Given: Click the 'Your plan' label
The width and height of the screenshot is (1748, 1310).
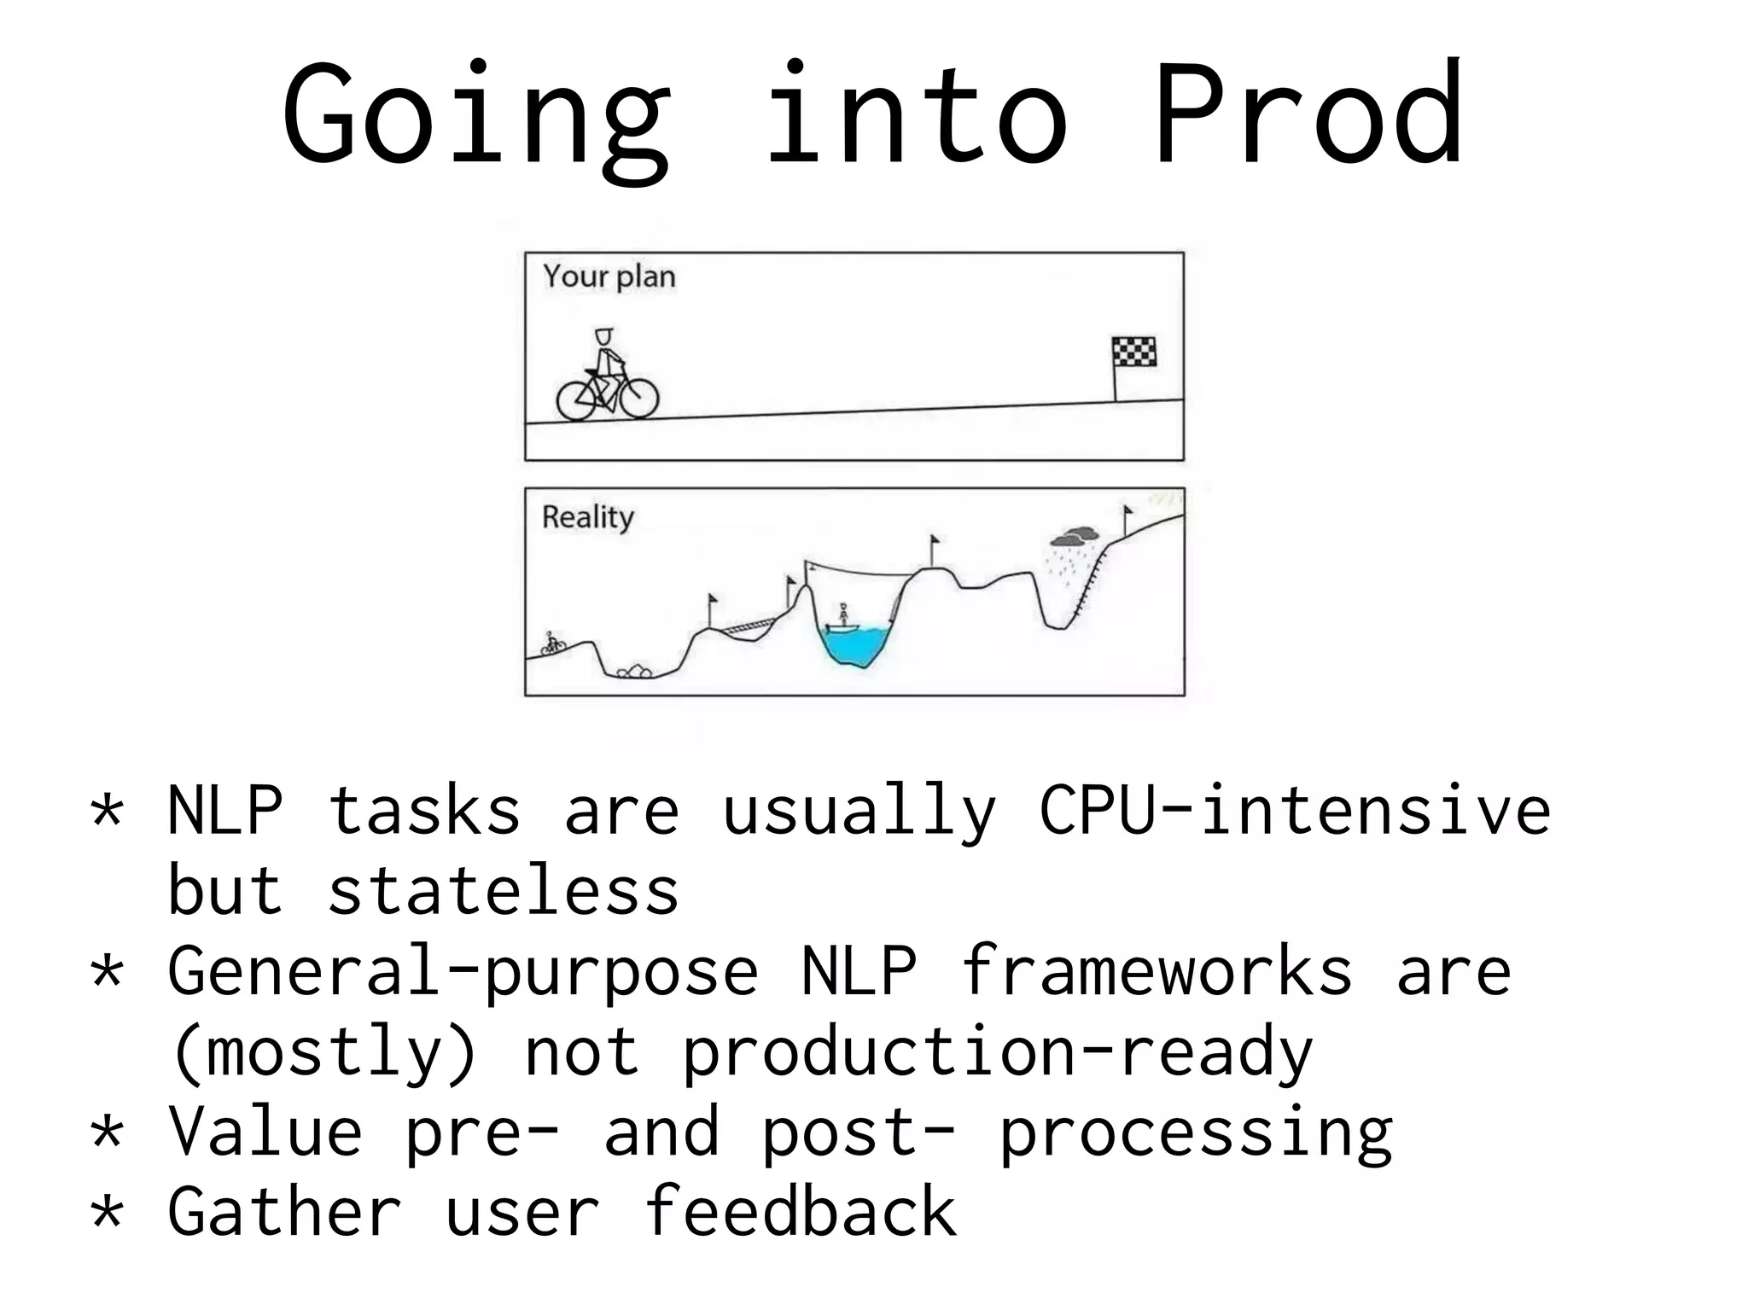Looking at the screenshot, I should click(609, 277).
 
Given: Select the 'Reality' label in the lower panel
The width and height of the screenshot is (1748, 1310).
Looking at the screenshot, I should click(588, 517).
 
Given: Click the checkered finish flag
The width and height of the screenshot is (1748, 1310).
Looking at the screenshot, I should click(1133, 352).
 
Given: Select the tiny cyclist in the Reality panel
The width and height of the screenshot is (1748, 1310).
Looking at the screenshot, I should click(553, 644).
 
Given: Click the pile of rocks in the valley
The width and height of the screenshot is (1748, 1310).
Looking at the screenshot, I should click(634, 672).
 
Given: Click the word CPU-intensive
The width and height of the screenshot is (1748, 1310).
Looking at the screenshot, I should click(1294, 811).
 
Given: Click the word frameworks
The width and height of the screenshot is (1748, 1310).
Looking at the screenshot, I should click(1156, 971).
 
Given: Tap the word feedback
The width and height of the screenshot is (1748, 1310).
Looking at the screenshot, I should click(800, 1212).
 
